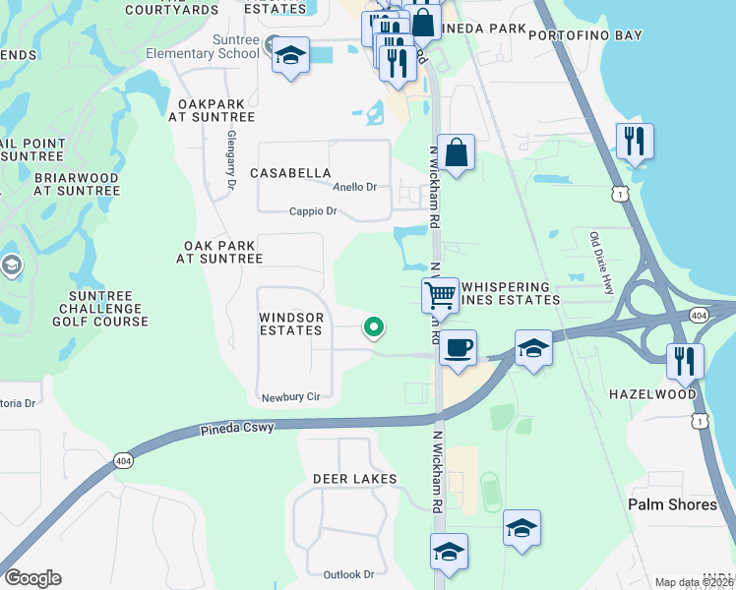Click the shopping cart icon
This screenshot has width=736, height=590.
(x=440, y=294)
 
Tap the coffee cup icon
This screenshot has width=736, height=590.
(x=458, y=347)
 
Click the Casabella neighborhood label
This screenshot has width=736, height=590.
(x=290, y=173)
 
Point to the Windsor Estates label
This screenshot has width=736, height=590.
(x=290, y=324)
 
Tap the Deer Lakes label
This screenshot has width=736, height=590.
(x=354, y=479)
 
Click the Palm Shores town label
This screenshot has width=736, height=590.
(x=673, y=504)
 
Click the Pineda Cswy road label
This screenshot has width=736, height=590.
(x=236, y=429)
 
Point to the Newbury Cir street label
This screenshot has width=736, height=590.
(x=291, y=398)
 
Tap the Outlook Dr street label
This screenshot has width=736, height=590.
(x=348, y=574)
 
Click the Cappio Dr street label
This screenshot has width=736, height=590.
(x=313, y=211)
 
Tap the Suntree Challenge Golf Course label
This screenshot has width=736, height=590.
(x=108, y=309)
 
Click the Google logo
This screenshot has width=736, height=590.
(x=32, y=578)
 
